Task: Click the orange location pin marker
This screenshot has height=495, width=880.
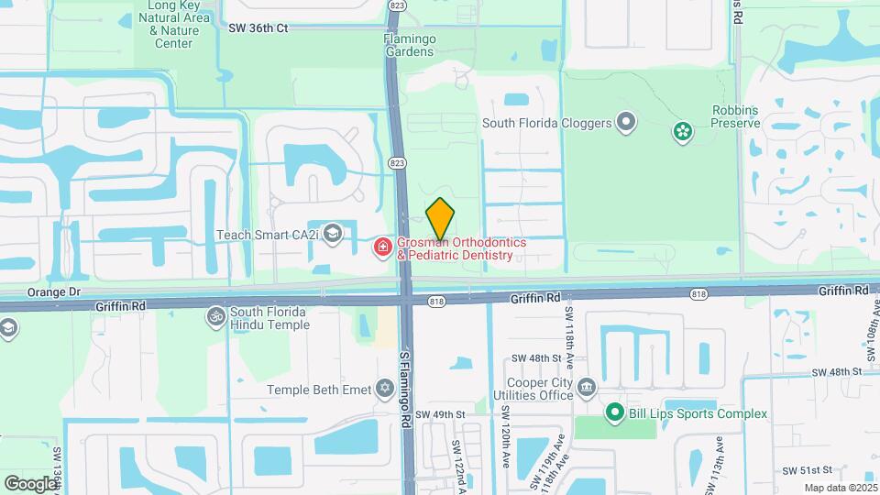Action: click(440, 219)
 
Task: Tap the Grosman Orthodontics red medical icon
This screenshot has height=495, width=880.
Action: click(382, 247)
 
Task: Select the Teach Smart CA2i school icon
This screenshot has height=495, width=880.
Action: click(332, 235)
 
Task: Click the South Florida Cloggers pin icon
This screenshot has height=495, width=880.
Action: click(626, 121)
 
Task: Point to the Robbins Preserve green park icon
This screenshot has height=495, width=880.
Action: click(682, 133)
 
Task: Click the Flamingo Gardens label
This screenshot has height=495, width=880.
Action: click(409, 45)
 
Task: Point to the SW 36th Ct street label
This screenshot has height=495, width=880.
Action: click(258, 28)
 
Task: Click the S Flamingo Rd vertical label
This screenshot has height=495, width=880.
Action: click(404, 385)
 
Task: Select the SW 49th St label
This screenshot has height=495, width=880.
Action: click(441, 414)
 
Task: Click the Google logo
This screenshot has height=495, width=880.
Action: click(30, 483)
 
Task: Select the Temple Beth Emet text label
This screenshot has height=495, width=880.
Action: click(319, 390)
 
